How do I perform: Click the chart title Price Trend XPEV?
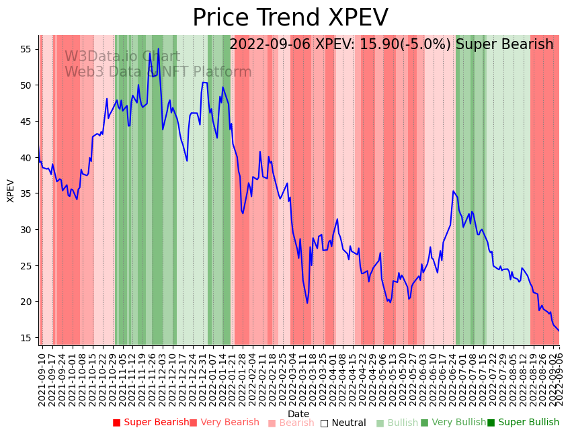[290, 18]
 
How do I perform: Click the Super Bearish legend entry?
[151, 423]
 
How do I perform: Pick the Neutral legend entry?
[343, 423]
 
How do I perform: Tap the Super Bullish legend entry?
[523, 423]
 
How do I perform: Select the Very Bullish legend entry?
[453, 423]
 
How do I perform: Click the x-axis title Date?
[298, 415]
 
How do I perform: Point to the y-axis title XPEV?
[11, 190]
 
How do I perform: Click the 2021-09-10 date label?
[42, 376]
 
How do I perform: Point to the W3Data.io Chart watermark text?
[122, 56]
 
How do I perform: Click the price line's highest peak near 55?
[159, 49]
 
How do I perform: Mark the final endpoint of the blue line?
[559, 331]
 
